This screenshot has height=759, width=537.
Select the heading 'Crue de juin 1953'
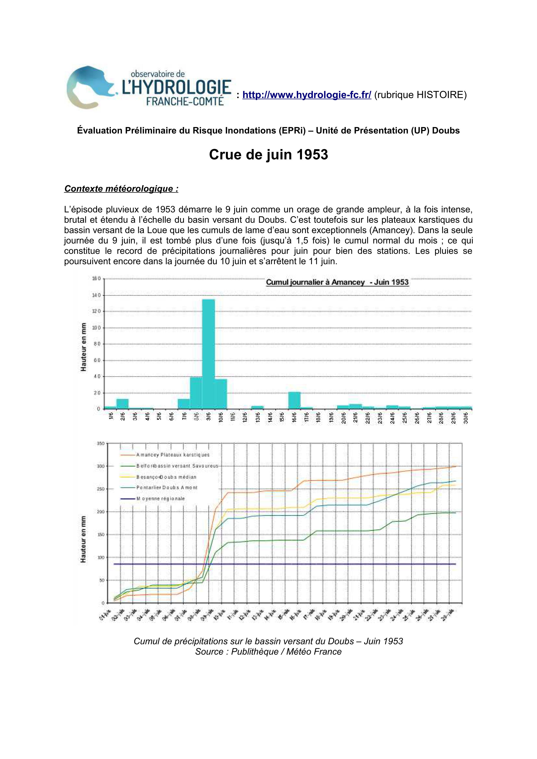[x=268, y=155]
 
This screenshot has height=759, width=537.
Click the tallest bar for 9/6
[x=208, y=354]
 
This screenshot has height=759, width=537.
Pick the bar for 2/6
[x=122, y=404]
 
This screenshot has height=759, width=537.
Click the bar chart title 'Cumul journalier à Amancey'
[x=337, y=282]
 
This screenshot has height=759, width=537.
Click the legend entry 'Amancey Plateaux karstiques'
[x=173, y=455]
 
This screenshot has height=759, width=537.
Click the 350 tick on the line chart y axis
[x=101, y=444]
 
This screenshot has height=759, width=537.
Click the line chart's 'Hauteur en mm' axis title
[x=83, y=539]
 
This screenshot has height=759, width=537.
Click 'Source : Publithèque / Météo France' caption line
[x=268, y=651]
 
